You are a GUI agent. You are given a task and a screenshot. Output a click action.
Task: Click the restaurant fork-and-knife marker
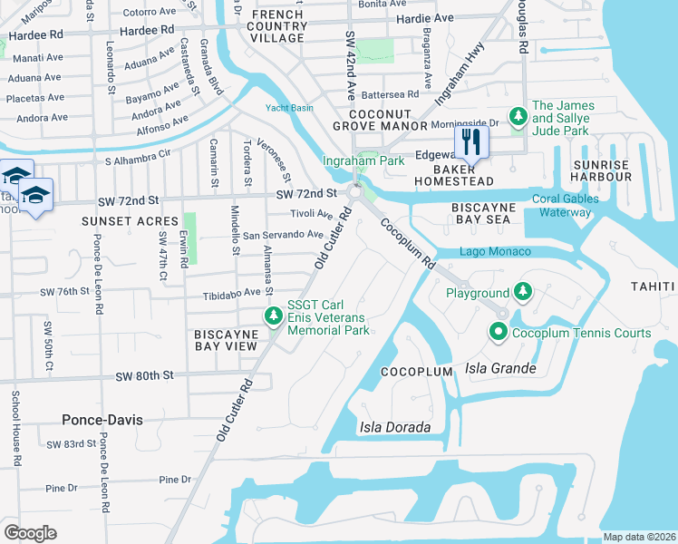470,141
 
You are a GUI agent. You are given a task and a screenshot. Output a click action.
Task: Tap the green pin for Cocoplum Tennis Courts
498,333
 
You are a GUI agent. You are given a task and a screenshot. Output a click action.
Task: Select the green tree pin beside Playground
522,293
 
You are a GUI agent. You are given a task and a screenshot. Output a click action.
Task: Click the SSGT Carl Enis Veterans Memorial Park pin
273,316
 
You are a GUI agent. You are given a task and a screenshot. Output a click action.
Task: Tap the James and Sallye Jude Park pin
518,118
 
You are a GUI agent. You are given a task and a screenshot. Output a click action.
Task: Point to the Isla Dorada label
393,427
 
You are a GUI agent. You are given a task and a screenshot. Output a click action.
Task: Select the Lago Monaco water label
495,251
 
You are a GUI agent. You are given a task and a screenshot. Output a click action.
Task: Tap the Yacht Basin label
289,108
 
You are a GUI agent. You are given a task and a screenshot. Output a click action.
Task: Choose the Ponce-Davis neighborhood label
100,419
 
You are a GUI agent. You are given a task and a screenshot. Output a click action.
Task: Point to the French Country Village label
278,27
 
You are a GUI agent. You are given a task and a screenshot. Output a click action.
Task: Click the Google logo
30,533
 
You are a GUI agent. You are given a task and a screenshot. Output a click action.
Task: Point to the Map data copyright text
639,537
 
